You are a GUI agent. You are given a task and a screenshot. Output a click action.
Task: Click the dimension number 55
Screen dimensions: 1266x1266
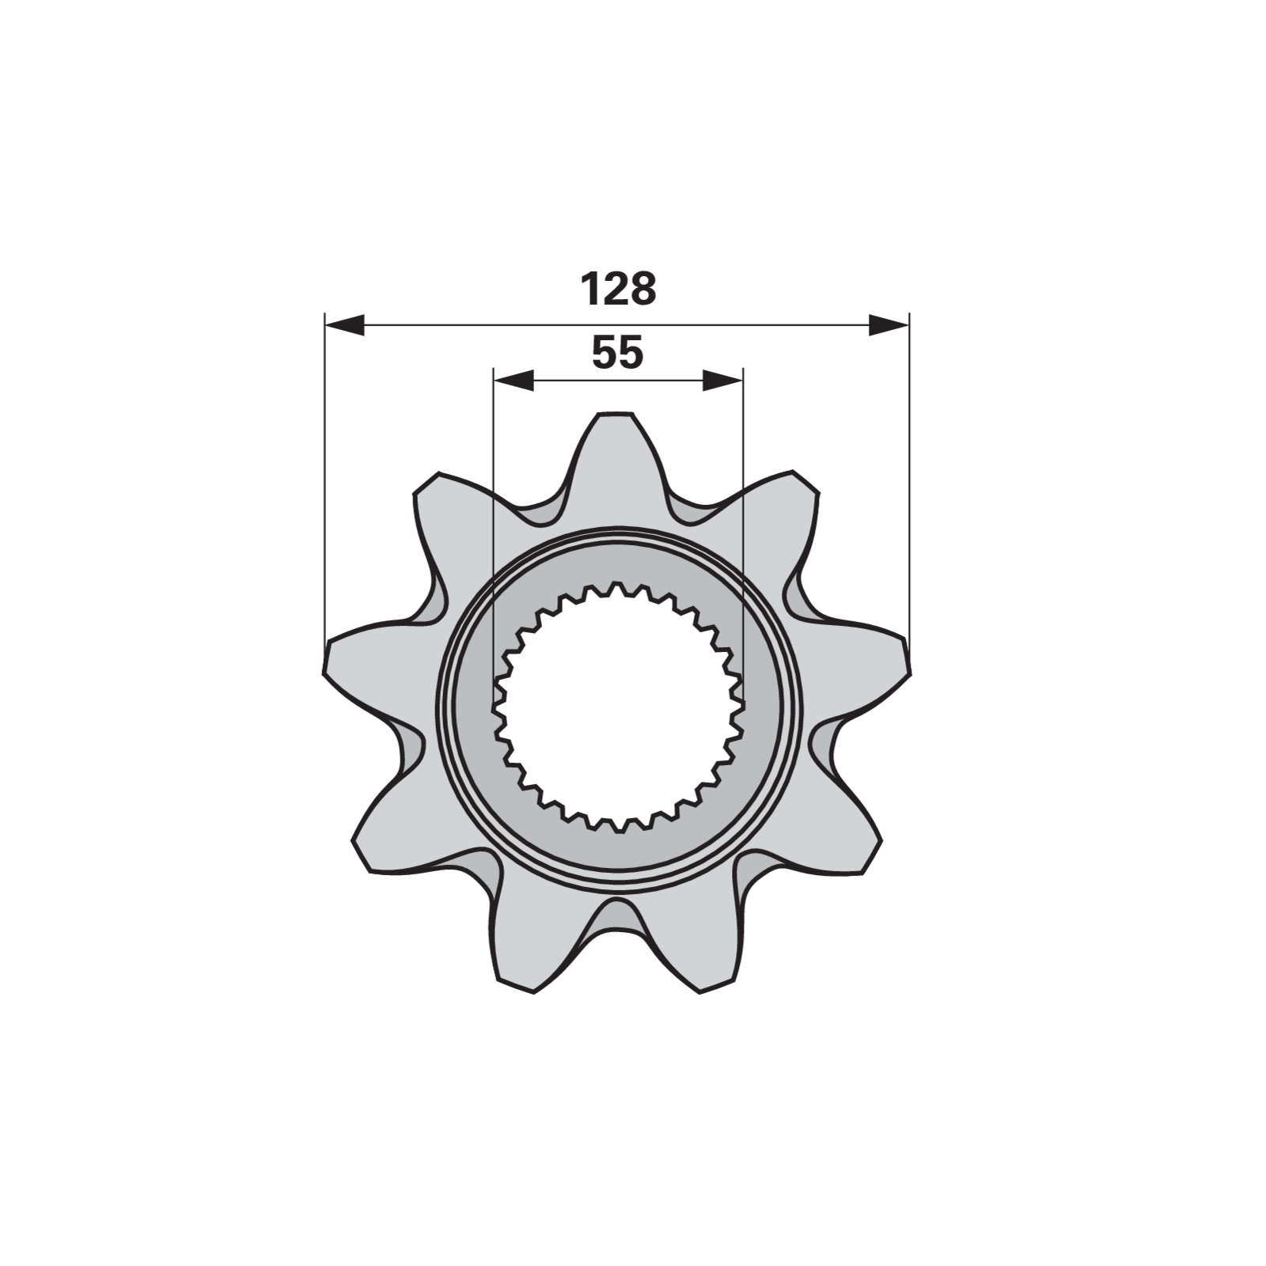pyautogui.click(x=618, y=353)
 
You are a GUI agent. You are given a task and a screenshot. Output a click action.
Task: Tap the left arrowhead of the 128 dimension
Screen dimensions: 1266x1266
pyautogui.click(x=345, y=324)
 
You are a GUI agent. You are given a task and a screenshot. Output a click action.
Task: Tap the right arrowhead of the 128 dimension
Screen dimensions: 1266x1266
pyautogui.click(x=889, y=324)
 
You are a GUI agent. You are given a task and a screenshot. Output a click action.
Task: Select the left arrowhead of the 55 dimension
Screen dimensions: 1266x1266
pyautogui.click(x=513, y=380)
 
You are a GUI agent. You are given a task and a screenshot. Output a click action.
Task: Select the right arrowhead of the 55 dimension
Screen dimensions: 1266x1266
pyautogui.click(x=722, y=380)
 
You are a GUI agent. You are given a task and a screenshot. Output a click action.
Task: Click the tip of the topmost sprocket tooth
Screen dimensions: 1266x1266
pyautogui.click(x=617, y=413)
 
